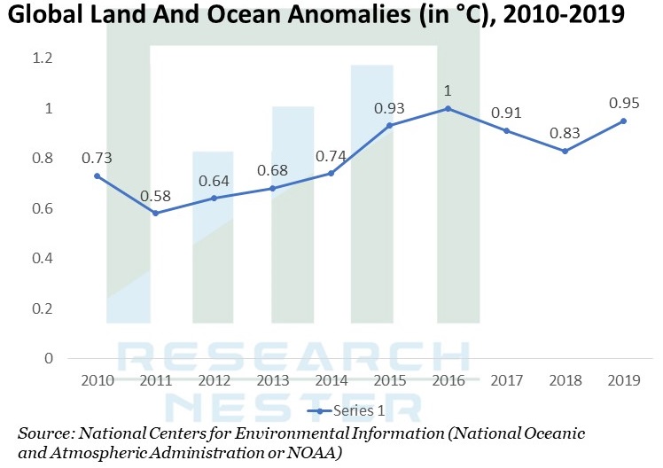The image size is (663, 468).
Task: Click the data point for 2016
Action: [x=448, y=108]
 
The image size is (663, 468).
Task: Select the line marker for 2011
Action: [x=155, y=214]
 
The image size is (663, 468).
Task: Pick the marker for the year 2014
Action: [x=331, y=173]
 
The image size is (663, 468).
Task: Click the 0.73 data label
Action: [x=96, y=158]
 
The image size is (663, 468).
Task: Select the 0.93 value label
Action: [x=389, y=107]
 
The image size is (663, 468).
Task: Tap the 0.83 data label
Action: [x=565, y=133]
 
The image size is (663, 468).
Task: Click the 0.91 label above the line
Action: [x=506, y=113]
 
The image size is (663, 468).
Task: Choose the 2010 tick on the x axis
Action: [x=97, y=381]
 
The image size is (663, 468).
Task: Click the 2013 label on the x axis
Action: [x=272, y=381]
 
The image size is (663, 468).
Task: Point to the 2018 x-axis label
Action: [x=565, y=381]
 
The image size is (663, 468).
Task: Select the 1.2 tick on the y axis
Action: [x=43, y=58]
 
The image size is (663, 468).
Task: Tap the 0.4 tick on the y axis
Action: [x=43, y=259]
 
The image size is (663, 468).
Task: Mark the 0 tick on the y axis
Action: [x=47, y=358]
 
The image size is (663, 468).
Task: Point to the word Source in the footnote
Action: [x=44, y=433]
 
